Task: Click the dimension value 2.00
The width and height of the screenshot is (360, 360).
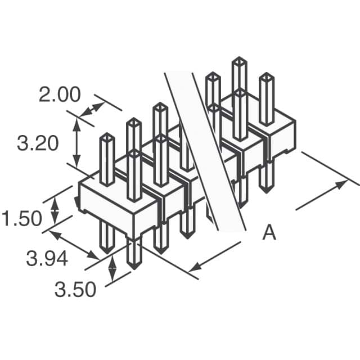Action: tap(59, 94)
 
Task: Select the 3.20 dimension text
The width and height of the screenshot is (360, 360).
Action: tap(38, 144)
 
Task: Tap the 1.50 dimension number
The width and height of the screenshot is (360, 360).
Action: tap(21, 218)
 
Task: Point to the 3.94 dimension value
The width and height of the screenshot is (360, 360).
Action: tap(47, 258)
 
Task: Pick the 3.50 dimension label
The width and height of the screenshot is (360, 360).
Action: tap(75, 290)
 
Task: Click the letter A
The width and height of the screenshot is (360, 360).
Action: tap(269, 232)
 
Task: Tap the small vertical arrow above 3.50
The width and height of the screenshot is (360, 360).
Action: tap(112, 269)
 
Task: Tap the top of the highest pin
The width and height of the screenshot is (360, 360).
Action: tap(239, 61)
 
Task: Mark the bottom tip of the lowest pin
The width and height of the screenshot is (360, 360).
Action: tap(133, 265)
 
